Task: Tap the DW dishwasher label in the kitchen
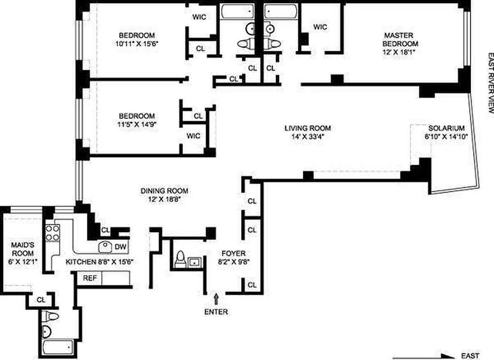120,247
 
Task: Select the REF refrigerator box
90,279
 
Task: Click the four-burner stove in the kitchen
53,233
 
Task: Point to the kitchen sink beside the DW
105,247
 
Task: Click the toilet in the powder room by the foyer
180,259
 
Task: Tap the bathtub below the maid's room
58,348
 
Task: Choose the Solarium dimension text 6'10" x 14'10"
446,136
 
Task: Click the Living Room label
307,128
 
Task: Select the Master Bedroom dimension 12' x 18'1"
400,52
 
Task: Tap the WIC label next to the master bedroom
320,27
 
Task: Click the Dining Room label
164,191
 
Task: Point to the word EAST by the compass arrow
470,356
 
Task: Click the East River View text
490,83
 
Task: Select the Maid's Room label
22,249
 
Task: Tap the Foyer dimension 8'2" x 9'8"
234,261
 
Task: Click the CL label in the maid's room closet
41,300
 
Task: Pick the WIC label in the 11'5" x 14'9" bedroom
193,136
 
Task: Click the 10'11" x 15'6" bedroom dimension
137,44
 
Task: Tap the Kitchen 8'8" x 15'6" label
99,262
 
